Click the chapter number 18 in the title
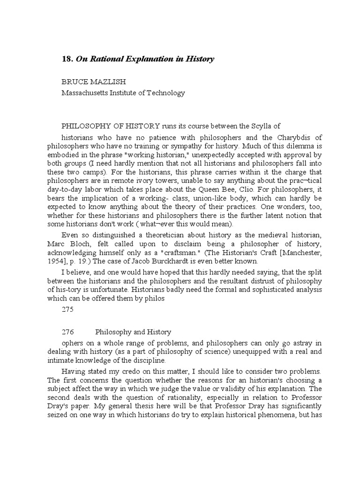coord(67,59)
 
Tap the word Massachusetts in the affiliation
coord(83,93)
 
